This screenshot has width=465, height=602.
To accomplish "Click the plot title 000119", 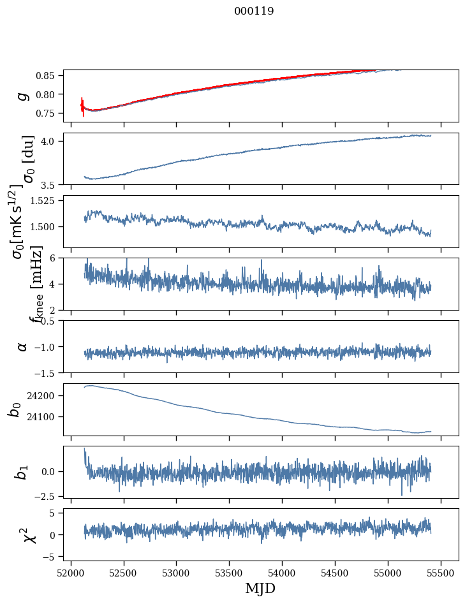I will pyautogui.click(x=254, y=11).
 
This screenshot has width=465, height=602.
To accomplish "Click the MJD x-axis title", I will pyautogui.click(x=260, y=588).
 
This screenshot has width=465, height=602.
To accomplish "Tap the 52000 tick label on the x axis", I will pyautogui.click(x=71, y=571).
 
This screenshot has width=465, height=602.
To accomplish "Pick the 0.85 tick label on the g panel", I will pyautogui.click(x=47, y=75).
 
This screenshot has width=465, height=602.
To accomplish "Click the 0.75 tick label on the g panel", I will pyautogui.click(x=47, y=112).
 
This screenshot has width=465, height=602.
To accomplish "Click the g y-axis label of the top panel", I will pyautogui.click(x=23, y=96).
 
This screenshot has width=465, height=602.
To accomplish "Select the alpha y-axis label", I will pyautogui.click(x=23, y=346).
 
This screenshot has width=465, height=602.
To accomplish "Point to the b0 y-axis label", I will pyautogui.click(x=14, y=409).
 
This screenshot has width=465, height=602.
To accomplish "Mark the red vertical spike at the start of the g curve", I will pyautogui.click(x=83, y=107).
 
